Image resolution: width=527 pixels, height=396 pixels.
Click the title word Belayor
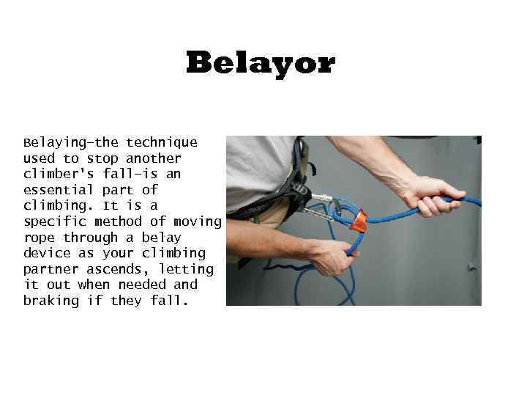(x=260, y=63)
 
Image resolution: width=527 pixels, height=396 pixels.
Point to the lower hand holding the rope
(x=333, y=255)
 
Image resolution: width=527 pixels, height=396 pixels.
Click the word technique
(x=162, y=142)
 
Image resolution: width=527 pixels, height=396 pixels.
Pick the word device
(x=47, y=253)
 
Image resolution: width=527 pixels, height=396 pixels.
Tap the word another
(x=154, y=158)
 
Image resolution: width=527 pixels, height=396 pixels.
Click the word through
(x=90, y=238)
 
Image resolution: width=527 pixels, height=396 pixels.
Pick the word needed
(x=142, y=285)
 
